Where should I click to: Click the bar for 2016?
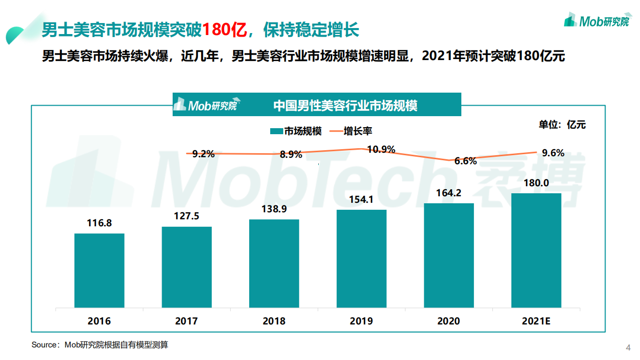coord(99,270)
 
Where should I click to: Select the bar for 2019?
coord(361,258)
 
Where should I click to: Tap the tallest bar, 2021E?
coord(536,250)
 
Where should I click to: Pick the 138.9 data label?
coord(274,209)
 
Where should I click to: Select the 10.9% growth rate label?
coord(381,149)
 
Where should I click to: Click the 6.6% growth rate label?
coord(465,161)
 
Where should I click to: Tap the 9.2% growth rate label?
coord(203,154)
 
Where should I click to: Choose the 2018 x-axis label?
coord(274,321)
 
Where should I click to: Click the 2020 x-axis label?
coord(448,321)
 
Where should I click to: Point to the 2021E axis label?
coord(536,321)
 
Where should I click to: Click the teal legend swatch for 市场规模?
coord(276,131)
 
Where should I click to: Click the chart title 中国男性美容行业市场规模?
coord(345,106)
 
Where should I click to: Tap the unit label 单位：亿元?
coord(562,125)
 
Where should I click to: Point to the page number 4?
coord(628,347)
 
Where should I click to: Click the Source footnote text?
coord(100,345)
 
